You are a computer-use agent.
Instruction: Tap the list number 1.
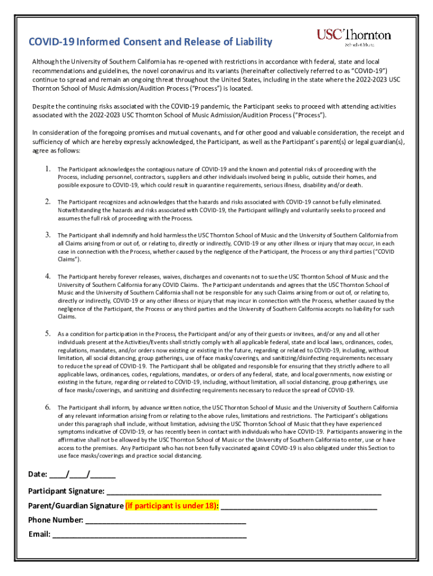(x=48, y=169)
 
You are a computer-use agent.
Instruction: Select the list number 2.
(x=48, y=201)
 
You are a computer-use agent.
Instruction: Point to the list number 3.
(x=48, y=235)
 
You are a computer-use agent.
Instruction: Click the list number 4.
(x=48, y=276)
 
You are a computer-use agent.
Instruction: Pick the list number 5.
(x=48, y=333)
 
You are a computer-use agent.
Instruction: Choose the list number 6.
(x=48, y=407)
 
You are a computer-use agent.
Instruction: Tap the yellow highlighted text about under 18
(x=172, y=505)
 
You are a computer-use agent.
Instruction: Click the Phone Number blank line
(x=165, y=520)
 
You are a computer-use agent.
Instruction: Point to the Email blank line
(x=149, y=534)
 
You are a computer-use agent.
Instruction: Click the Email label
(x=39, y=534)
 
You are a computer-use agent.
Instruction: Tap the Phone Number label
(x=56, y=520)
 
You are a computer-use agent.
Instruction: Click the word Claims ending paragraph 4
(x=67, y=317)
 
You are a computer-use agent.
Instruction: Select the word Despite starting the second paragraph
(x=41, y=106)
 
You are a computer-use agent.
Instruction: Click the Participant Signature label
(x=66, y=491)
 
